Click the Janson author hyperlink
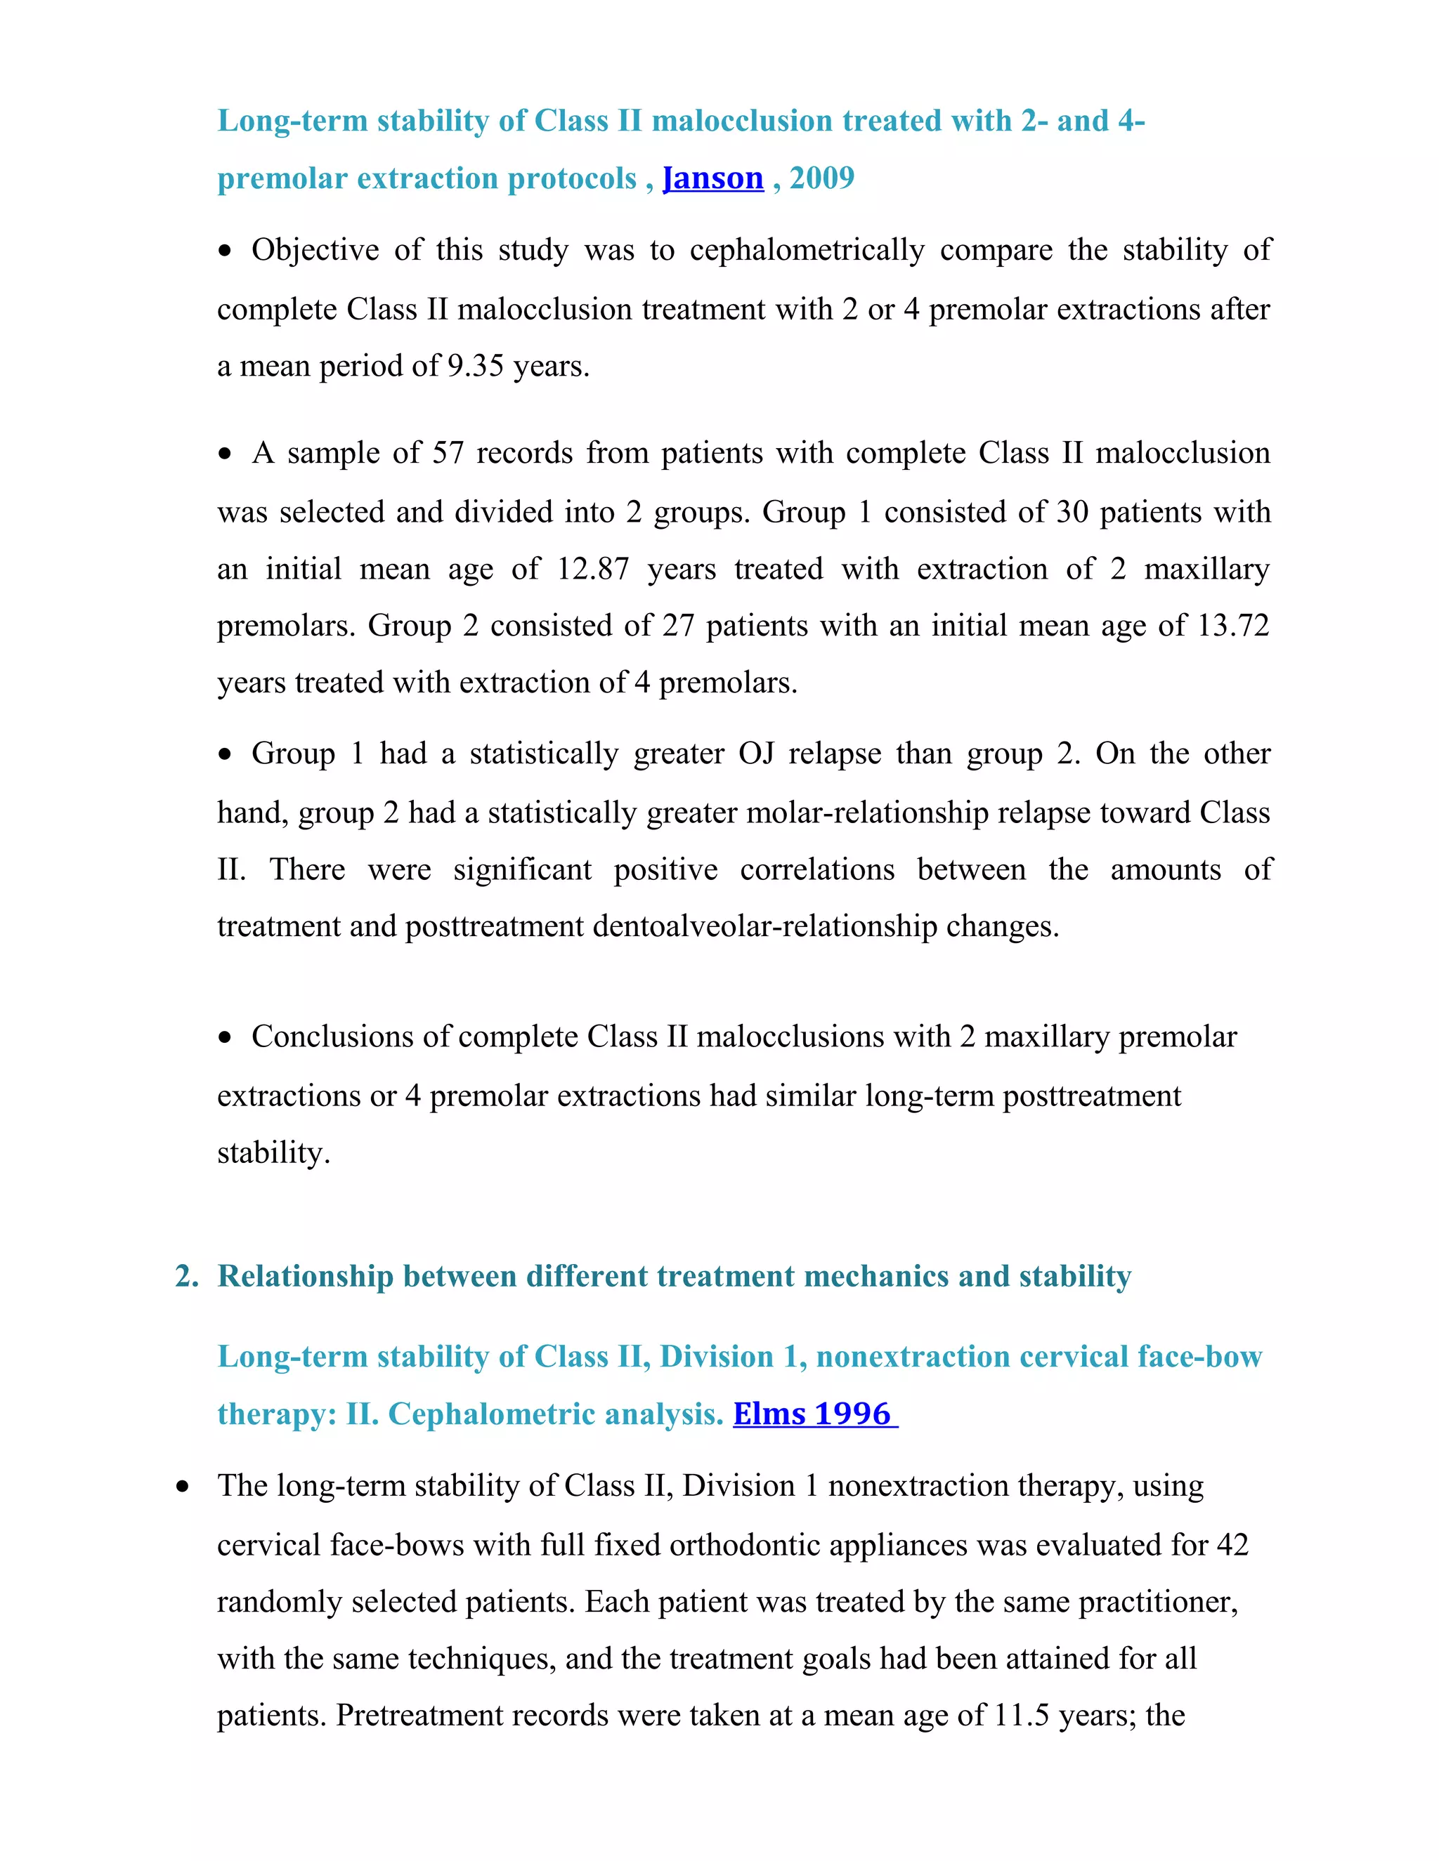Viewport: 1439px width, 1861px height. point(712,178)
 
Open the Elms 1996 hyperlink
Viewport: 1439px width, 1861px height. point(814,1414)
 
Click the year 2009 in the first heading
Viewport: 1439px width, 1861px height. point(822,178)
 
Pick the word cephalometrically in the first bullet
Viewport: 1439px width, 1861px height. point(807,251)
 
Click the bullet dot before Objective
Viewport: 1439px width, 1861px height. point(225,251)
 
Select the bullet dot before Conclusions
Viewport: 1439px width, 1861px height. point(225,1038)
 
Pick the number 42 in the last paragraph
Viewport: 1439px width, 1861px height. point(1231,1545)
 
